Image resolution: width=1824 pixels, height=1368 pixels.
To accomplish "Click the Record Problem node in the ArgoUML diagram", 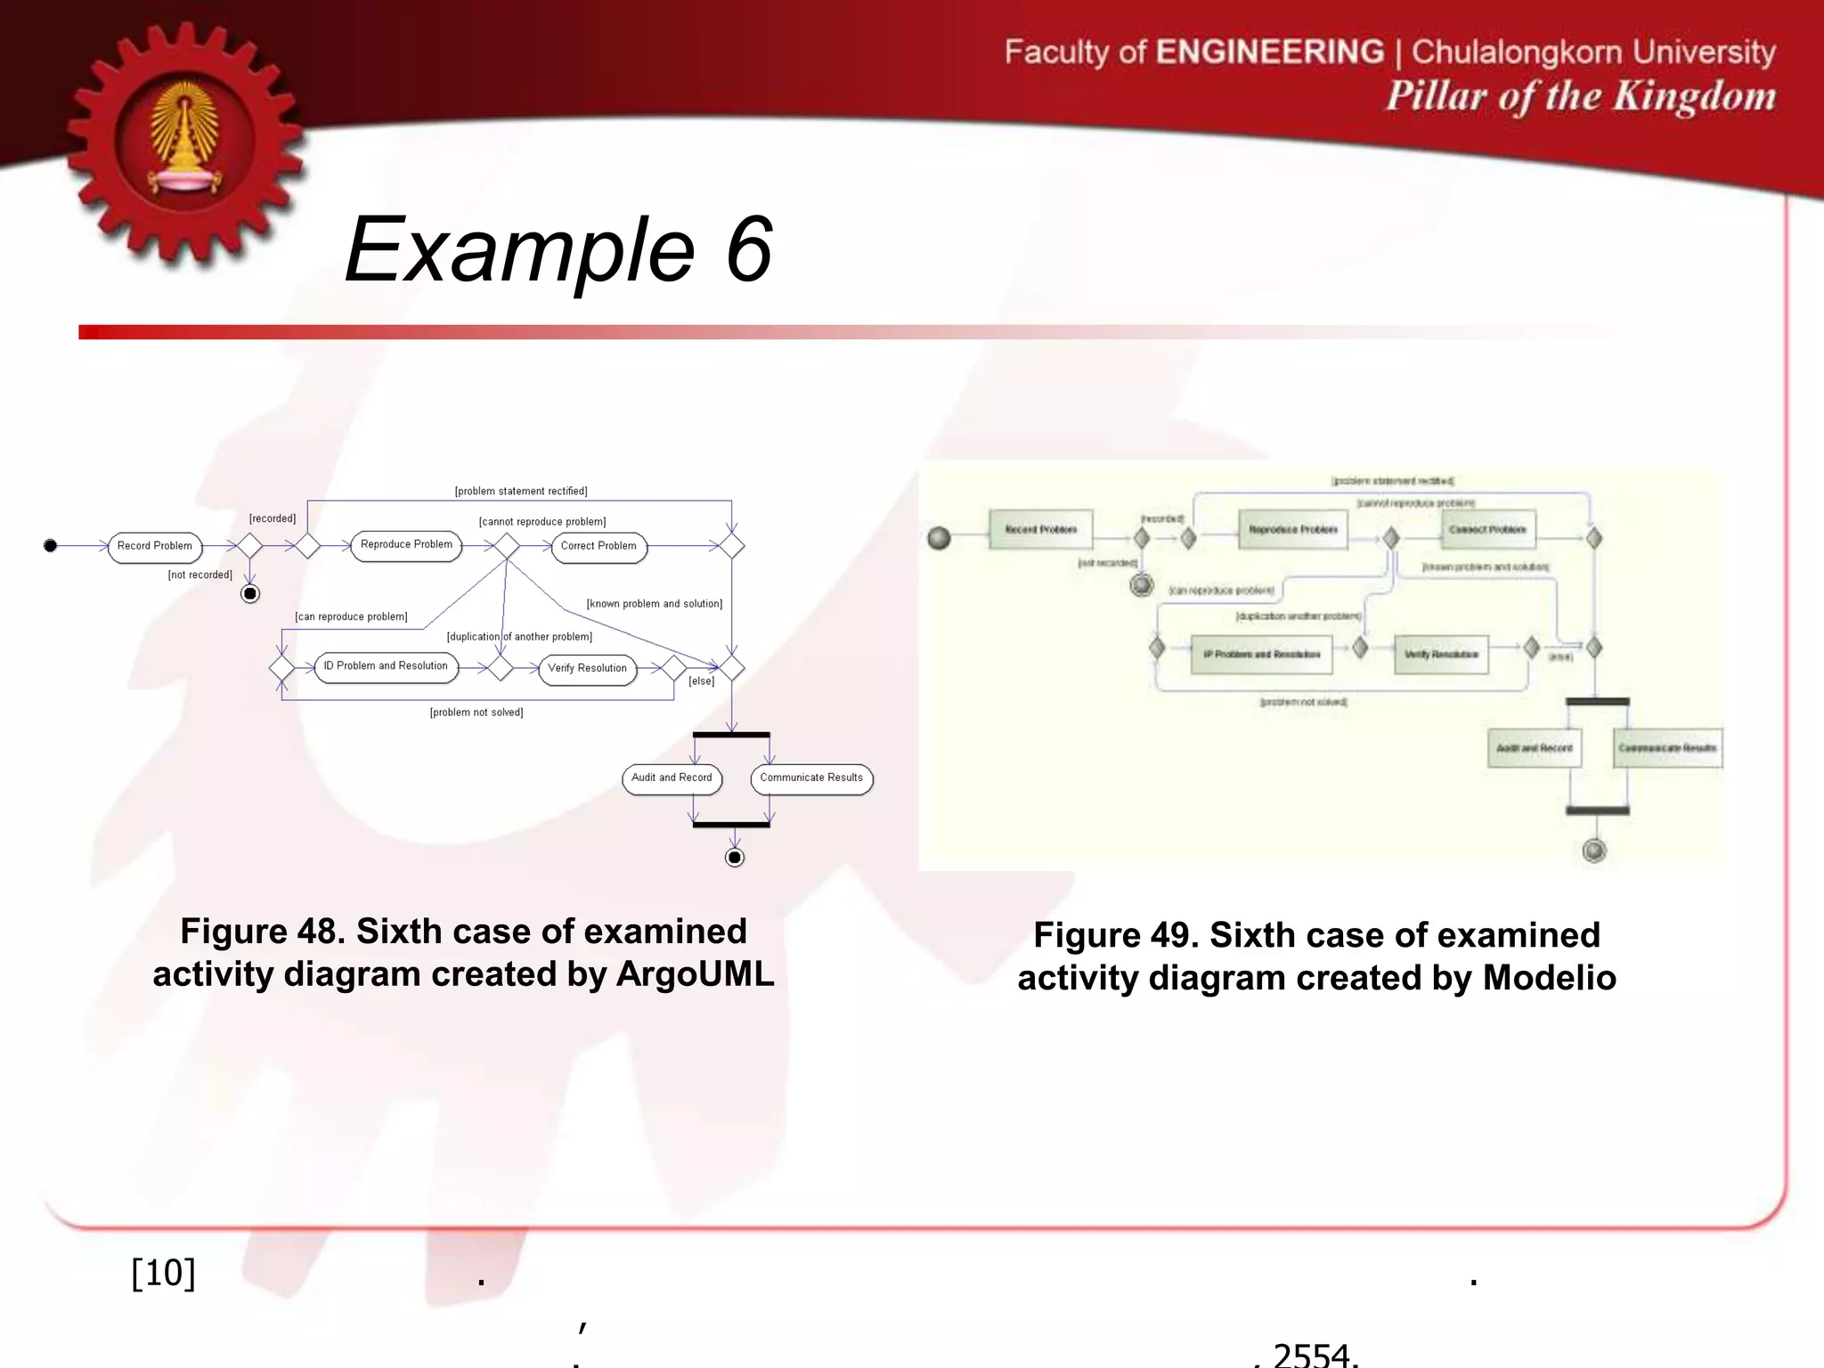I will (155, 546).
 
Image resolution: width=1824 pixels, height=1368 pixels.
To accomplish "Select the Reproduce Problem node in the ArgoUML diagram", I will (407, 545).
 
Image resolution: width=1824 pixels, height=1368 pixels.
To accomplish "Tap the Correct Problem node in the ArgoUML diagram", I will (598, 546).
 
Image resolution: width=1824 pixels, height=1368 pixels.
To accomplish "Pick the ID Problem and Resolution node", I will (386, 666).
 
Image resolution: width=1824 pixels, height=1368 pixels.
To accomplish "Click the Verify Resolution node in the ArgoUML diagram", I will (587, 668).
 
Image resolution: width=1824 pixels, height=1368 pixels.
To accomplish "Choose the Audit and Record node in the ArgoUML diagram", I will (672, 778).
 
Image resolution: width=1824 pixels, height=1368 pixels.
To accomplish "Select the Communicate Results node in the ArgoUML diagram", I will (811, 778).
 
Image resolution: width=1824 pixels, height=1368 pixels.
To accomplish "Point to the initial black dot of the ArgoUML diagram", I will (51, 545).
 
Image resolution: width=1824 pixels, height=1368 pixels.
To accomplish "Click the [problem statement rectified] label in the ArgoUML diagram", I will (521, 491).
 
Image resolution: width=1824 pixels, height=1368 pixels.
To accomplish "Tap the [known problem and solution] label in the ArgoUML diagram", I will (655, 604).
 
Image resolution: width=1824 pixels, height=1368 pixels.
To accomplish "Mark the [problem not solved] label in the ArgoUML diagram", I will (476, 712).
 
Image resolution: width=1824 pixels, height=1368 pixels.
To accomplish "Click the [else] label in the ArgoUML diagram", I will (701, 681).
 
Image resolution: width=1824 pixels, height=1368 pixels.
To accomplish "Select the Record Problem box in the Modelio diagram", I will (1040, 530).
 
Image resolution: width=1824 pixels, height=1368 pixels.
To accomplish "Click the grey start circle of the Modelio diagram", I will (939, 538).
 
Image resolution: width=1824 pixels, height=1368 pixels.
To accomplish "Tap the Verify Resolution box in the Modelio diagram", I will (1441, 655).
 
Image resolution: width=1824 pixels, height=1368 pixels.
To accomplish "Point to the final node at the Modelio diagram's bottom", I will (1594, 851).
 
